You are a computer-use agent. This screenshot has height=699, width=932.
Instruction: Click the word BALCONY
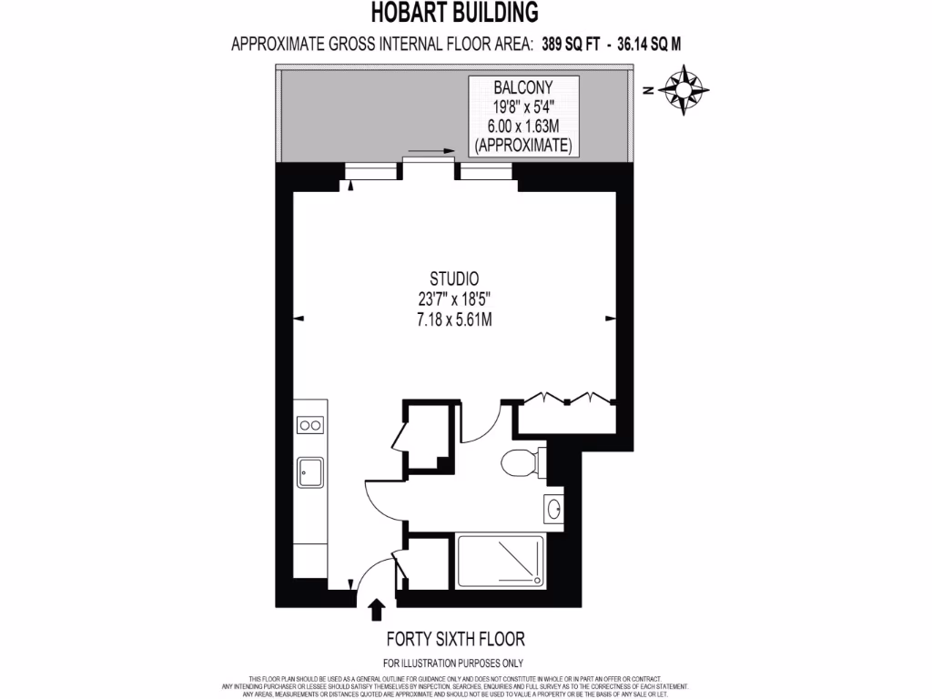tap(522, 87)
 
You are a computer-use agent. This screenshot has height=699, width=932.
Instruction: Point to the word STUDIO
tap(454, 279)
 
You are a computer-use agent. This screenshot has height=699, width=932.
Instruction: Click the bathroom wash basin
tap(553, 509)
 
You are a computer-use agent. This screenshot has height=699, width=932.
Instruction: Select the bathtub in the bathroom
tap(501, 562)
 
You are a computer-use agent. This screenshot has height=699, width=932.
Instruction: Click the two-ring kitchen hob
tap(310, 424)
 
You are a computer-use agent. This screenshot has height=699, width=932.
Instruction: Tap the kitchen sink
tap(309, 471)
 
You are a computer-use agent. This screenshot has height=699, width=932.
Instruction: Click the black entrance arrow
tap(376, 608)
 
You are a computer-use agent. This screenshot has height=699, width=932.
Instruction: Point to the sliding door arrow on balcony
tap(431, 151)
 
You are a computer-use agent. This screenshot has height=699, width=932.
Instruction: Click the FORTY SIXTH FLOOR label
tap(455, 639)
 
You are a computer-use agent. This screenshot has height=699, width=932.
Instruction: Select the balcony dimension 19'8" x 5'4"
tap(522, 106)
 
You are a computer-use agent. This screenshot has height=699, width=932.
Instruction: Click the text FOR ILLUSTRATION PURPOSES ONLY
tap(453, 663)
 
